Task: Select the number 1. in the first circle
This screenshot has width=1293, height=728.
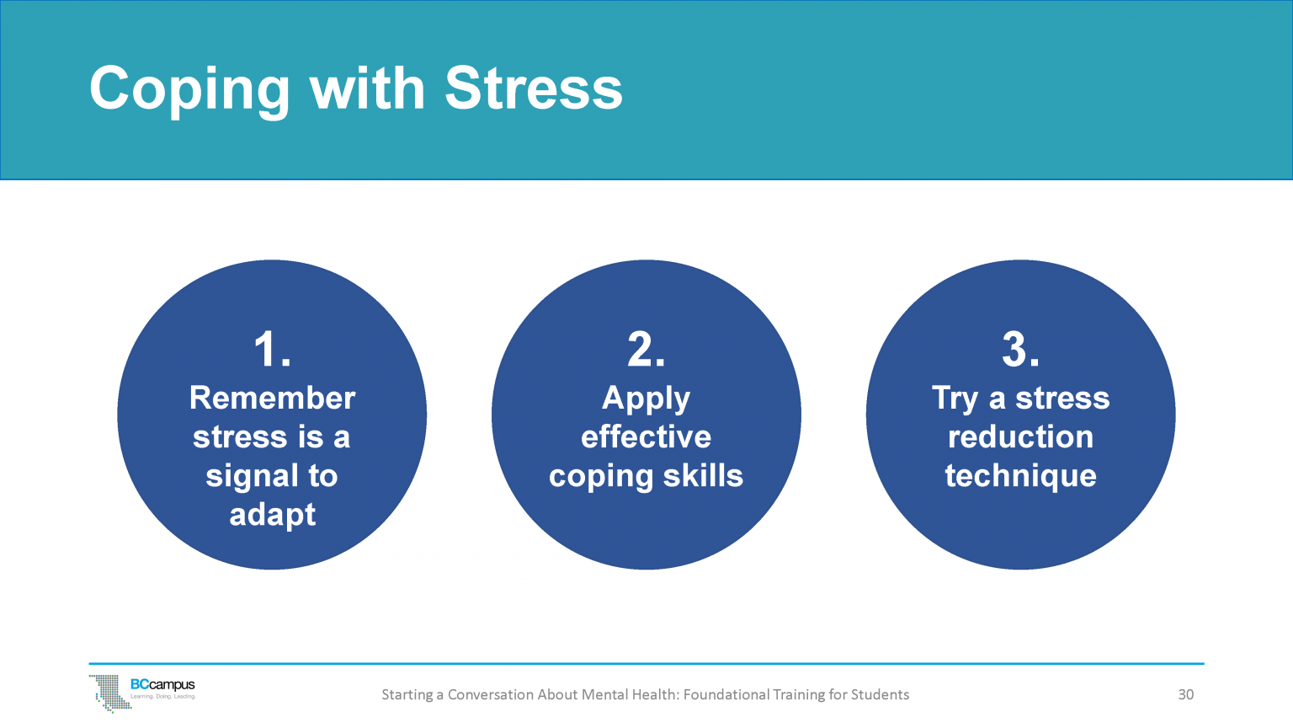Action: pyautogui.click(x=272, y=349)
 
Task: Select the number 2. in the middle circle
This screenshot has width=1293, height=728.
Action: pyautogui.click(x=646, y=349)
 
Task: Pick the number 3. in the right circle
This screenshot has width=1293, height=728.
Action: pyautogui.click(x=1020, y=349)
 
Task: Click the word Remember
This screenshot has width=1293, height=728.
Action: pyautogui.click(x=272, y=398)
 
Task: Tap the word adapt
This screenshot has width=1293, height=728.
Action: pyautogui.click(x=272, y=515)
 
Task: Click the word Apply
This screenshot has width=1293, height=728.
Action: pyautogui.click(x=646, y=399)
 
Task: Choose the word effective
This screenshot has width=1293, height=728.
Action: pyautogui.click(x=646, y=436)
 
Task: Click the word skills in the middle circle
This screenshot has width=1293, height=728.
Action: pyautogui.click(x=703, y=475)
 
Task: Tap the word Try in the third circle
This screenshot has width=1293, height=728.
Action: pyautogui.click(x=955, y=399)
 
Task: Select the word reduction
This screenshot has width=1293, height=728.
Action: pyautogui.click(x=1020, y=436)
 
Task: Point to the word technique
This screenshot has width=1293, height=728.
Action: pyautogui.click(x=1020, y=477)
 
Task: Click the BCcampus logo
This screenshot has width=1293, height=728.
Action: pyautogui.click(x=143, y=692)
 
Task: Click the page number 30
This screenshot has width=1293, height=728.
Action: pyautogui.click(x=1185, y=694)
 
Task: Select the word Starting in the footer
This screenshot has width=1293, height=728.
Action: pyautogui.click(x=407, y=695)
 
